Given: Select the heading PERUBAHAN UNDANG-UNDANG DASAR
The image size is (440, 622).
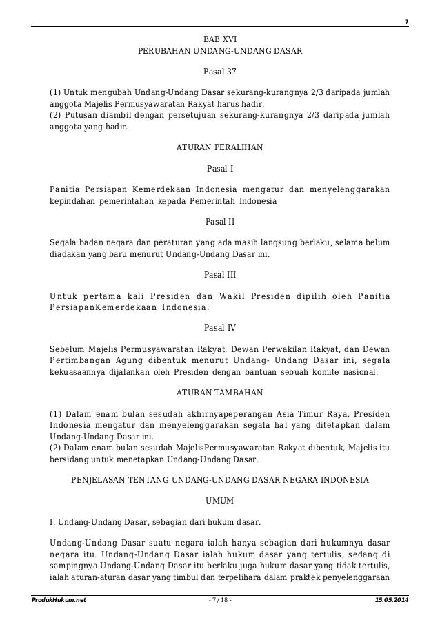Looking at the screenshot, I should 220,52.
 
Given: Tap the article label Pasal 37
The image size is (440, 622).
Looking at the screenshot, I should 220,72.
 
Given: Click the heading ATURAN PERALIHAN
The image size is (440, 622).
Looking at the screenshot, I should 220,147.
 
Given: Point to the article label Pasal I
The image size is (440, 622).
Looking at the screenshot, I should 220,167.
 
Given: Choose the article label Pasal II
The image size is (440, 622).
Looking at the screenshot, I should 220,222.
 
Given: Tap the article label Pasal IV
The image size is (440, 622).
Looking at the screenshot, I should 220,328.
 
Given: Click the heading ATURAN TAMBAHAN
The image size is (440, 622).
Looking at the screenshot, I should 220,394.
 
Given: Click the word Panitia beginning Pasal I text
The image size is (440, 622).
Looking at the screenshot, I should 66,189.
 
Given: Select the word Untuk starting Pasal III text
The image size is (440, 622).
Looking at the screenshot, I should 66,297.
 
